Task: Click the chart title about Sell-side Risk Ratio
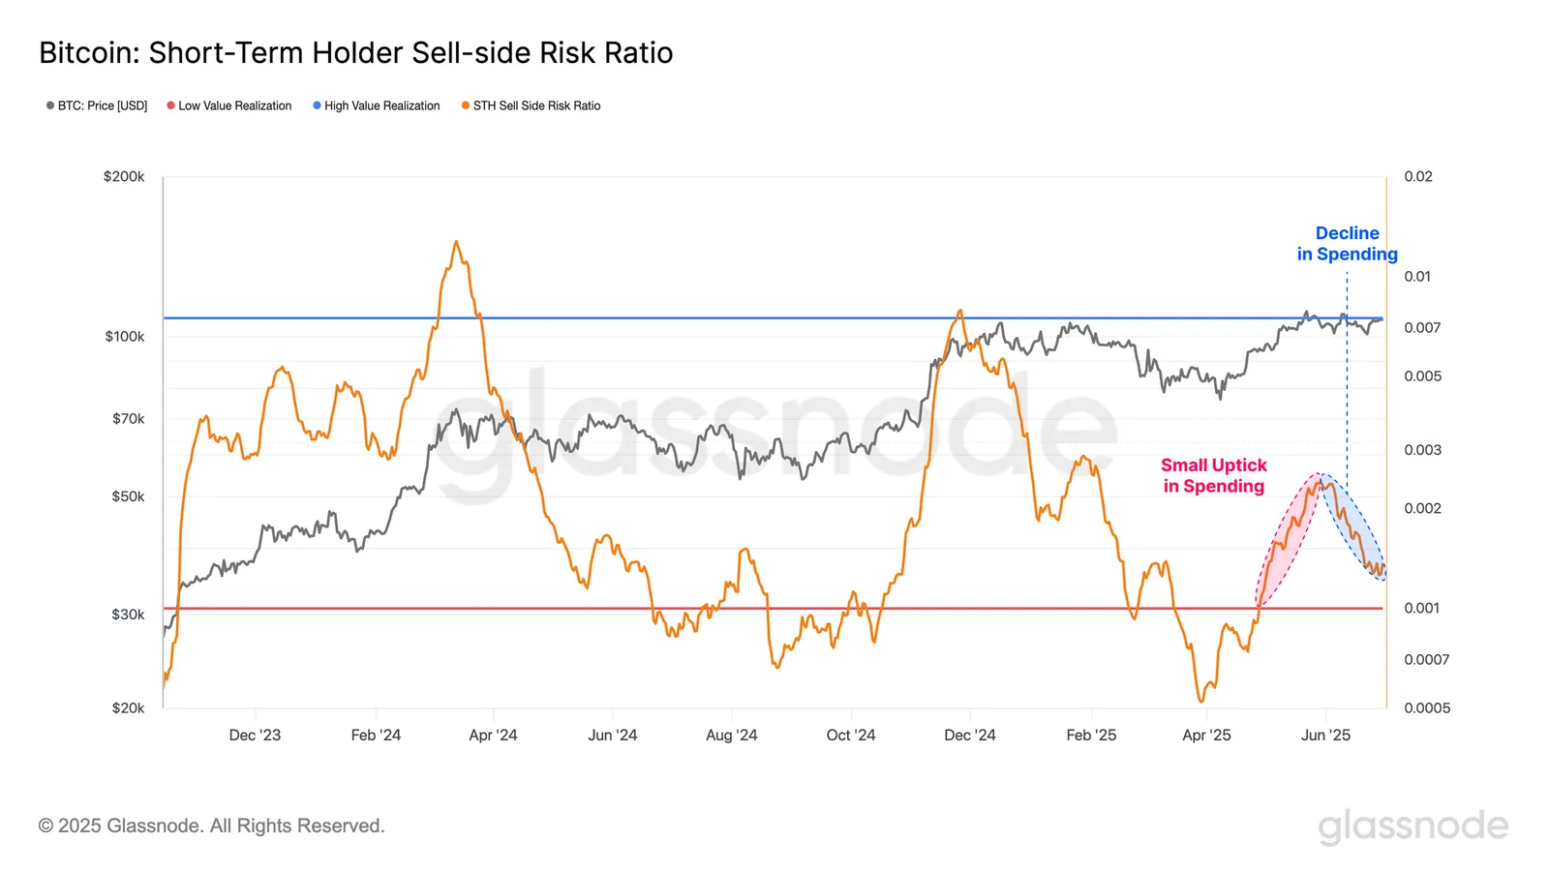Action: click(355, 53)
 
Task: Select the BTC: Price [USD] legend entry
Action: click(97, 105)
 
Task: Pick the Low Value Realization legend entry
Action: click(229, 105)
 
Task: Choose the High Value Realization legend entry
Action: click(377, 105)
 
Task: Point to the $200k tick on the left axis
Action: click(124, 177)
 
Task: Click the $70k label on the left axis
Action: click(128, 419)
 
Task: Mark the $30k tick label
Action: click(128, 615)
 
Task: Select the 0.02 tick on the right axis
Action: click(1418, 177)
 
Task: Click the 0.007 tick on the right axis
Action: click(1422, 328)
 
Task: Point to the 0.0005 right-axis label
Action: click(1427, 708)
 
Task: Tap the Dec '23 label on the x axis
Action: click(255, 736)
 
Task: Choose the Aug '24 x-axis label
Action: click(732, 736)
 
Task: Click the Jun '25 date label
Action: click(1325, 736)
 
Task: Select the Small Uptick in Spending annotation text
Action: click(1214, 476)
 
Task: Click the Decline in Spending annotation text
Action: click(1348, 244)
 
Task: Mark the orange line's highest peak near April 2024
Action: click(456, 242)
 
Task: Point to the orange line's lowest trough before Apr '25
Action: click(1201, 701)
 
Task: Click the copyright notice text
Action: click(212, 826)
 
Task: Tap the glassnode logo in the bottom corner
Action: click(1412, 826)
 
